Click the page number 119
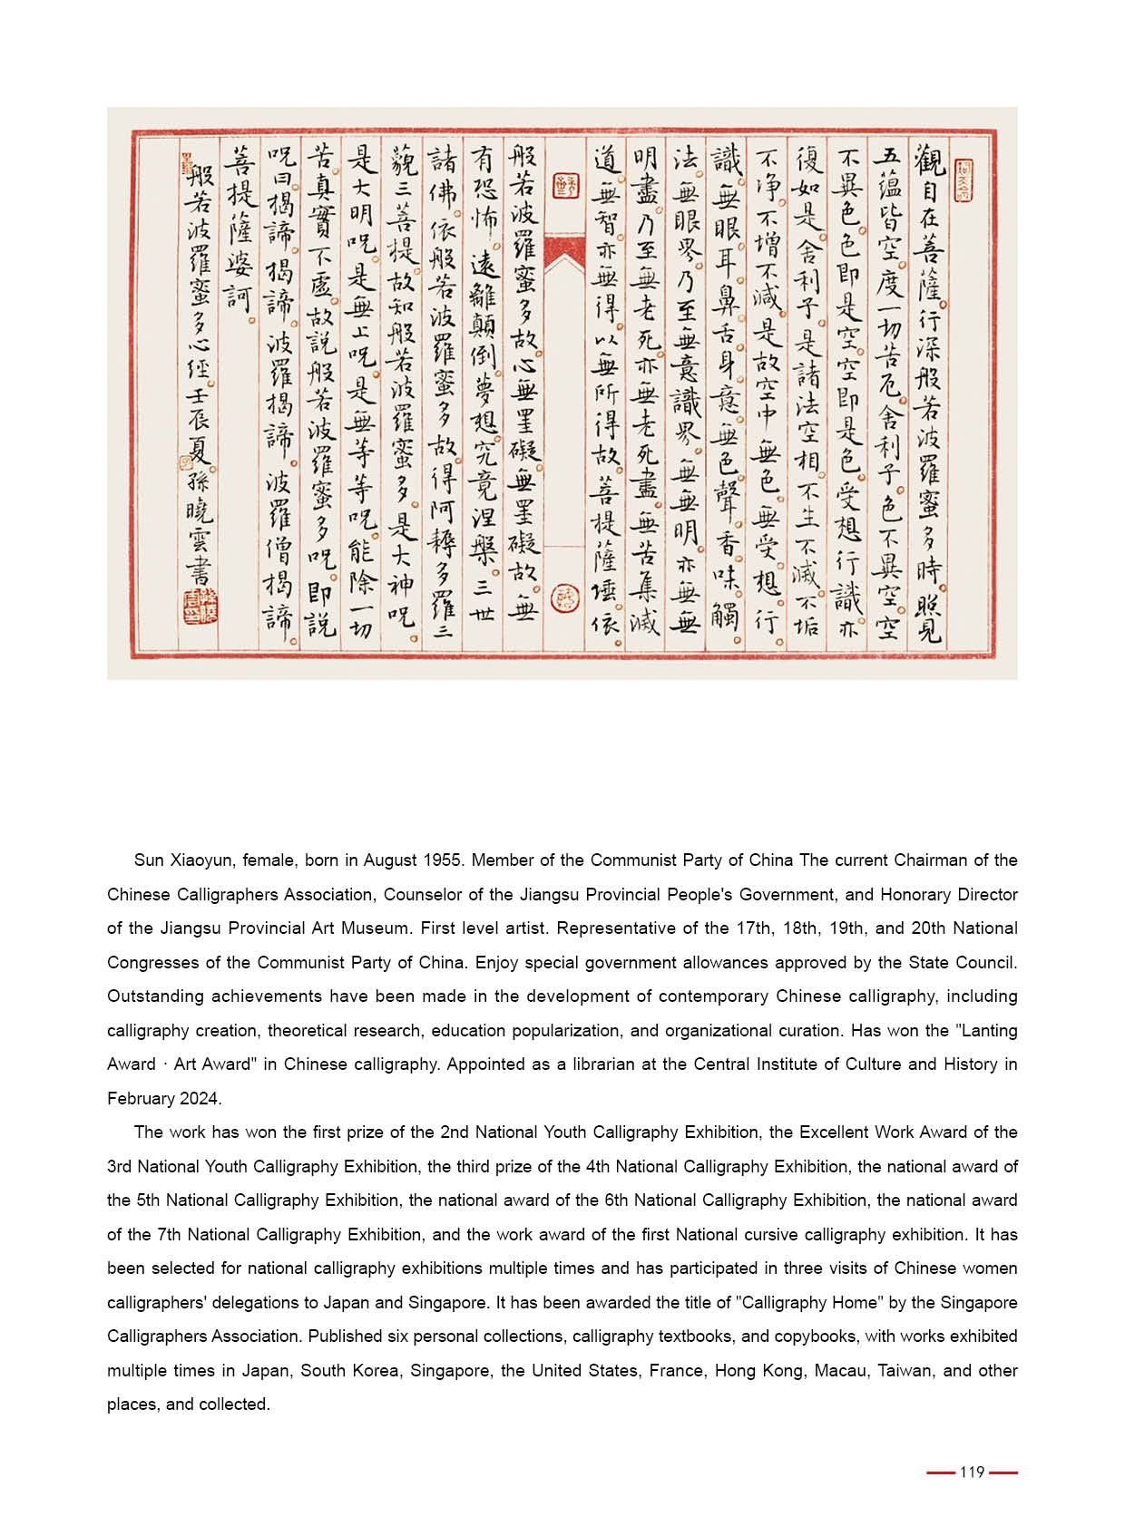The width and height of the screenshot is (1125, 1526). tap(972, 1472)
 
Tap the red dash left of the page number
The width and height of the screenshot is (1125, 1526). tap(941, 1473)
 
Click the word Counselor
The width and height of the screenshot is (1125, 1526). tap(422, 894)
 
